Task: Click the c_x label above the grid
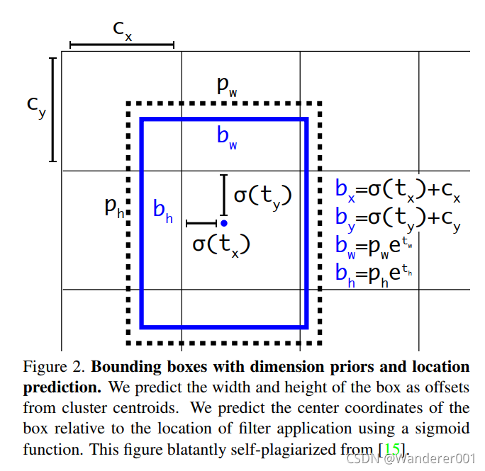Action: pyautogui.click(x=123, y=30)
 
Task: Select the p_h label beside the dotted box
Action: pyautogui.click(x=114, y=207)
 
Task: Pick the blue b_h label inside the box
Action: pyautogui.click(x=162, y=210)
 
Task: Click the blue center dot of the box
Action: pyautogui.click(x=224, y=223)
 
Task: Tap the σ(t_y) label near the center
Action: pyautogui.click(x=263, y=195)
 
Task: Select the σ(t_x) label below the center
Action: pyautogui.click(x=221, y=244)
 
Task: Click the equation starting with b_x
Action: pyautogui.click(x=398, y=190)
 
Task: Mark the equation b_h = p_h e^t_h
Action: pyautogui.click(x=374, y=273)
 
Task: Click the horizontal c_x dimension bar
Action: pyautogui.click(x=122, y=45)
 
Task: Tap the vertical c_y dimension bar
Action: pyautogui.click(x=53, y=110)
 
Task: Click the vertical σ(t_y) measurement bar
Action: pyautogui.click(x=224, y=195)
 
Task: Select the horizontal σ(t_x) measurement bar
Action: pyautogui.click(x=201, y=223)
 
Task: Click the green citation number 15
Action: pyautogui.click(x=392, y=448)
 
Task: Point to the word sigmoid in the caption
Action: pyautogui.click(x=446, y=428)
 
